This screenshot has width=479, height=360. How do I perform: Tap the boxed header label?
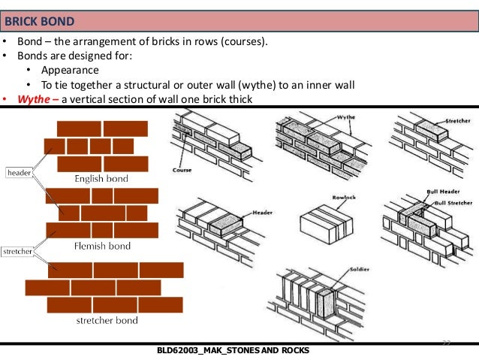19,173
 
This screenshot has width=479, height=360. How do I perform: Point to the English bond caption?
101,179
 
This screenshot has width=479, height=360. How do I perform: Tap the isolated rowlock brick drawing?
327,225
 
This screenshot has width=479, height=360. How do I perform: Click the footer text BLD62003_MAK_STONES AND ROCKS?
233,352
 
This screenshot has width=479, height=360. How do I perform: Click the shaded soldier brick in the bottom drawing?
327,312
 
